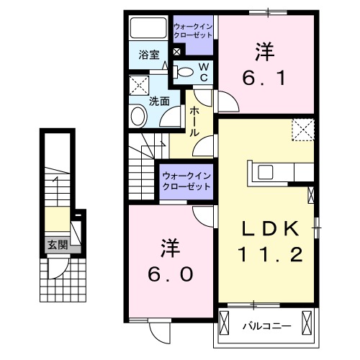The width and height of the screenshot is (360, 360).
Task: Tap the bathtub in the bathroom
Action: [x=148, y=30]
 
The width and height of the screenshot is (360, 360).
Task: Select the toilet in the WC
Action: [x=184, y=71]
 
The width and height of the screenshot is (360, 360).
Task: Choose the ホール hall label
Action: [x=194, y=120]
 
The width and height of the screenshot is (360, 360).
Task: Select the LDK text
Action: [x=269, y=229]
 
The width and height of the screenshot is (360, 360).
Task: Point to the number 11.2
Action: [x=269, y=254]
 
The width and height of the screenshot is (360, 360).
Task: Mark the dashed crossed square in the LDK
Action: [x=302, y=130]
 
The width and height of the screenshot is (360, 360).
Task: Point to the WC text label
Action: [x=204, y=71]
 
